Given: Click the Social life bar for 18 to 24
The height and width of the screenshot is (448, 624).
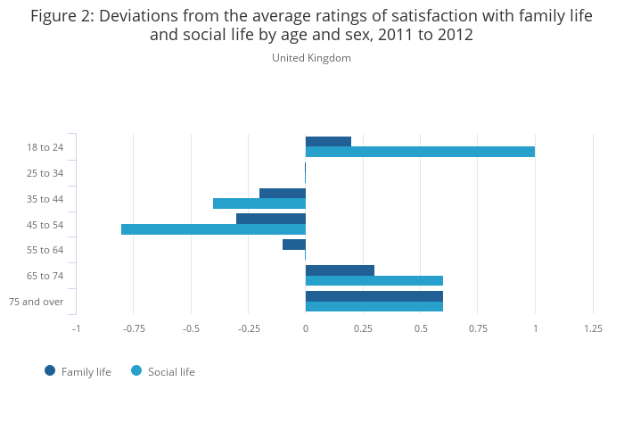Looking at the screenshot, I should tap(420, 152).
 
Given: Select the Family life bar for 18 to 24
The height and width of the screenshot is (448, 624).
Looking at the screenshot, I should tap(328, 141).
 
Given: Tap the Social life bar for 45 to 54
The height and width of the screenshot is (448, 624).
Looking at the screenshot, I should tap(213, 229).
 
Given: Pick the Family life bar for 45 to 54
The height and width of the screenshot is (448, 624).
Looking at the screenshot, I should tap(271, 219).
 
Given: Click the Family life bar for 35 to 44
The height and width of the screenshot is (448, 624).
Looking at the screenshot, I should tap(283, 193).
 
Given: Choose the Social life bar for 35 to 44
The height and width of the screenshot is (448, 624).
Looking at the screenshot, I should tap(259, 203).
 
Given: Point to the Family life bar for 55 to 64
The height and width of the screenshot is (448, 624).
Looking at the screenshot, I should tap(294, 245).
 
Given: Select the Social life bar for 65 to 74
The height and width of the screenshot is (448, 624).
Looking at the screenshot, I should tap(374, 280).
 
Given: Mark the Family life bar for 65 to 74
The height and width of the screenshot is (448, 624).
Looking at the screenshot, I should tap(340, 270).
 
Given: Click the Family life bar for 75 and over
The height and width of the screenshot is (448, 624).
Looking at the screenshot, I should tap(374, 296).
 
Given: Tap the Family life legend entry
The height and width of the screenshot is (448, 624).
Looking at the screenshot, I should tap(78, 371).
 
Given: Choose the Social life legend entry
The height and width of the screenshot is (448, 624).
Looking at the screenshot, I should tap(164, 371).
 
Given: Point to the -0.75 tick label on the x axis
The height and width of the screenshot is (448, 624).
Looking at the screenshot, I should tap(134, 328).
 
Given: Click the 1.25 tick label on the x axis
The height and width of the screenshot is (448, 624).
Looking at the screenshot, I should tap(593, 328).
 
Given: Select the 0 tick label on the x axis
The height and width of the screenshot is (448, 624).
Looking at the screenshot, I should tap(306, 328).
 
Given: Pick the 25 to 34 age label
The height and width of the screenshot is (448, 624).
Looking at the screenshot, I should tap(45, 173).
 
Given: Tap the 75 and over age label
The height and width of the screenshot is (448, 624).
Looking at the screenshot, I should tap(36, 302).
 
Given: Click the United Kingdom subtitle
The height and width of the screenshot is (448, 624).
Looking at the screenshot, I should tap(311, 58).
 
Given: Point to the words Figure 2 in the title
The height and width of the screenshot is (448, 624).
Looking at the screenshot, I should tap(62, 15).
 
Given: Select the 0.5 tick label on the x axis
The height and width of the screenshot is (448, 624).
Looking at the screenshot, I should tap(421, 328).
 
